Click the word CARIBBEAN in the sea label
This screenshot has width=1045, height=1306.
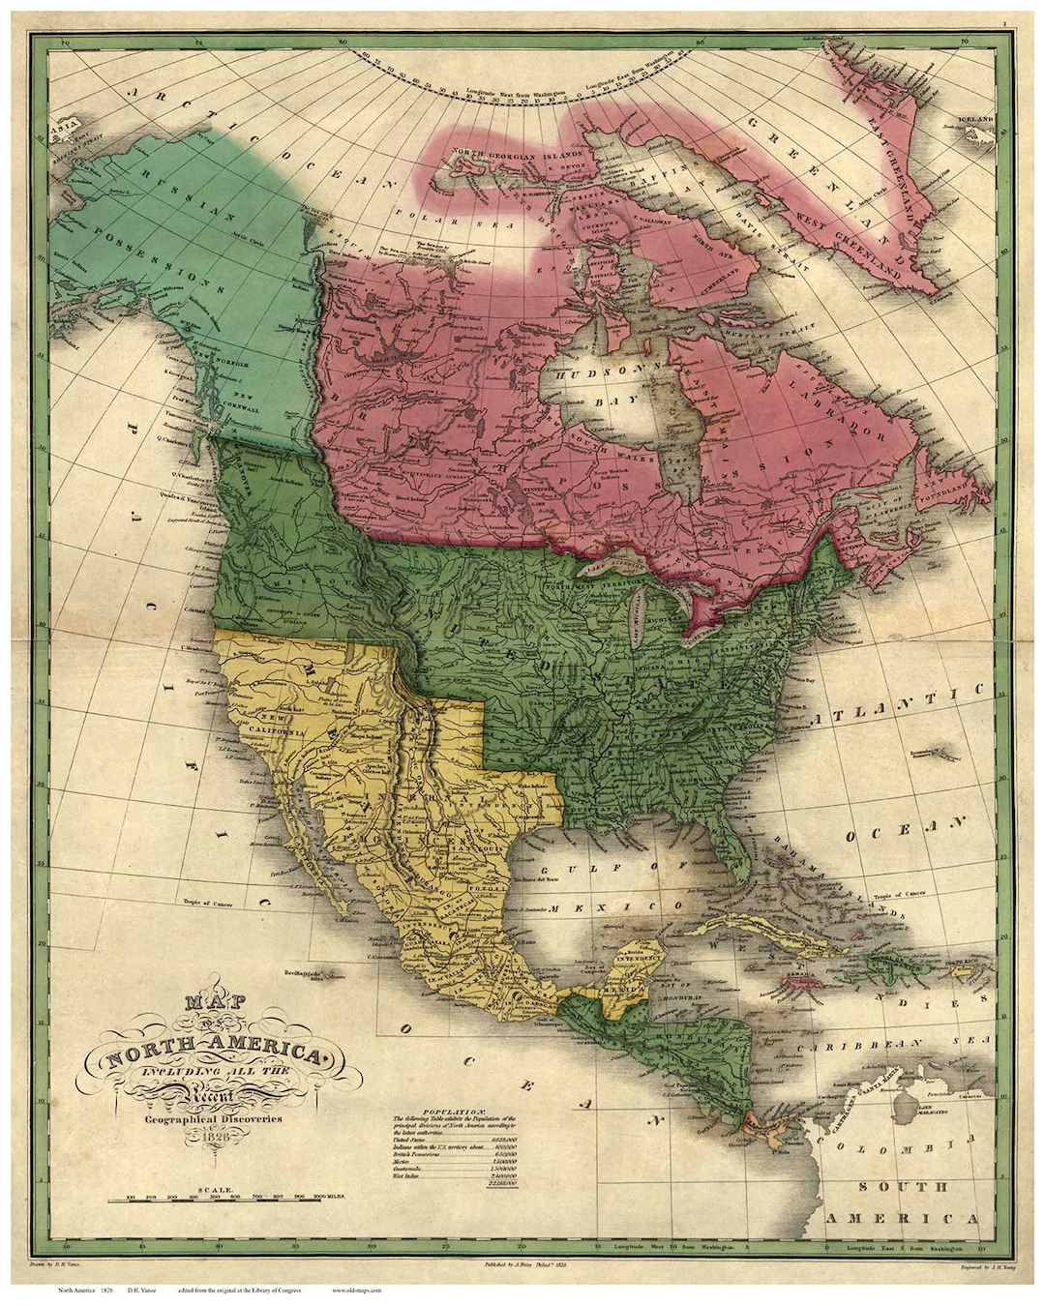(x=856, y=1047)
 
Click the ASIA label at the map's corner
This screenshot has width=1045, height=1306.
(x=65, y=125)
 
